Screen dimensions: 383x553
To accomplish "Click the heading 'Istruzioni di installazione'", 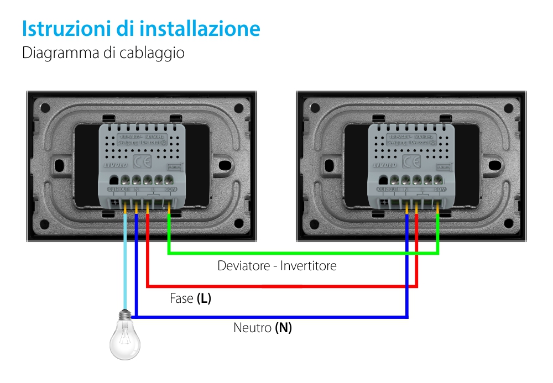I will pyautogui.click(x=141, y=29).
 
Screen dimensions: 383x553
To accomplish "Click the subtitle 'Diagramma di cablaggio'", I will pyautogui.click(x=103, y=54).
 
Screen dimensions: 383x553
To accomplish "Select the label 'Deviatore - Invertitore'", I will pyautogui.click(x=276, y=266).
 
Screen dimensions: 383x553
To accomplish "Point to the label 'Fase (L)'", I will pyautogui.click(x=190, y=299).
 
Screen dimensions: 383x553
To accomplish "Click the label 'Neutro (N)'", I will pyautogui.click(x=263, y=328).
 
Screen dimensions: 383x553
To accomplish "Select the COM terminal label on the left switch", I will pyautogui.click(x=171, y=190).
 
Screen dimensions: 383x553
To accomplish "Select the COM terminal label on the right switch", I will pyautogui.click(x=441, y=190).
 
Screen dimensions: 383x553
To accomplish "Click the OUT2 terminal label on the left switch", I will pyautogui.click(x=114, y=190).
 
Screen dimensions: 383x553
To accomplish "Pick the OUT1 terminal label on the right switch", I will pyautogui.click(x=395, y=190).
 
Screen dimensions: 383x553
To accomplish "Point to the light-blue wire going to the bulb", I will pyautogui.click(x=126, y=260).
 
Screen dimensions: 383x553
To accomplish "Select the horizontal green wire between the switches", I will pyautogui.click(x=304, y=254).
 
